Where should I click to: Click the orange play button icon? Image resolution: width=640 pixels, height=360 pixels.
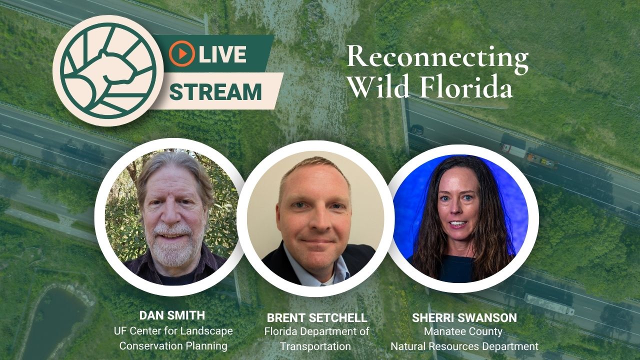coord(181,53)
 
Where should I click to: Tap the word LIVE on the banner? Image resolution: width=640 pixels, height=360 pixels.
coord(222,54)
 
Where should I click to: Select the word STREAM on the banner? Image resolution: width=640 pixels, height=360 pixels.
coord(215,91)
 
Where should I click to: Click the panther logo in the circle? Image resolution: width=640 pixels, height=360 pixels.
coord(108,70)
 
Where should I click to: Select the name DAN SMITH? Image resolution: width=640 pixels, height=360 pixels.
coord(172,315)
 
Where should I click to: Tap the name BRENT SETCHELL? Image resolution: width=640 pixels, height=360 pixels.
coord(317,317)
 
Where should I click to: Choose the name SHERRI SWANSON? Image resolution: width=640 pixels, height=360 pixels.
coord(464,317)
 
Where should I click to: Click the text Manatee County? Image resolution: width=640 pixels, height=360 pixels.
coord(463,331)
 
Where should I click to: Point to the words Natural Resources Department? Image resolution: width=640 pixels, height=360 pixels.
coord(464,346)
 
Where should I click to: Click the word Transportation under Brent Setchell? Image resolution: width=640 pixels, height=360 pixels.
coord(315,346)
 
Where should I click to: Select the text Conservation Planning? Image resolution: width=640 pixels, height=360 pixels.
coord(173,345)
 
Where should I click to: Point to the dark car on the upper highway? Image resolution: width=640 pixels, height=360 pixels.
coord(417,129)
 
